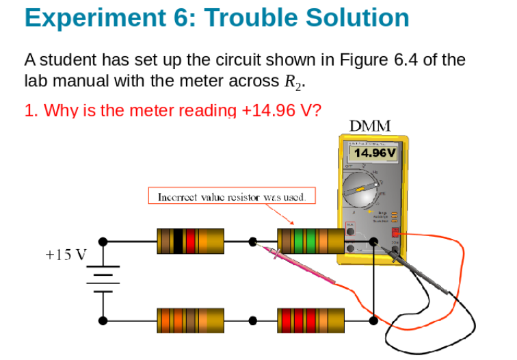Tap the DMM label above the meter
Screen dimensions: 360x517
(x=370, y=126)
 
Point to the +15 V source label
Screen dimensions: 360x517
(x=66, y=255)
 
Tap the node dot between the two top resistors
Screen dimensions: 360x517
(x=253, y=241)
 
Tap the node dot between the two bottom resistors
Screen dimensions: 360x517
(x=253, y=320)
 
